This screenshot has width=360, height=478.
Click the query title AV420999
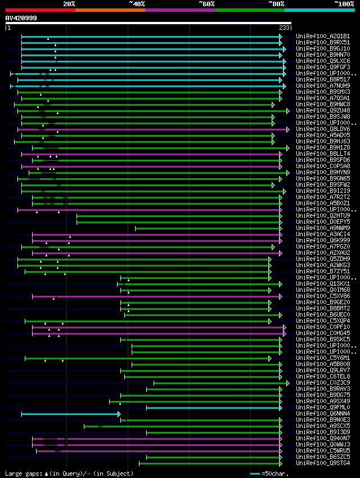click(21, 18)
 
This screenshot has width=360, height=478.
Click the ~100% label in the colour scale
click(344, 4)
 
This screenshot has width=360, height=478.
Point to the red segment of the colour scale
click(40, 10)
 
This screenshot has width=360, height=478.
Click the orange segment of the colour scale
click(110, 10)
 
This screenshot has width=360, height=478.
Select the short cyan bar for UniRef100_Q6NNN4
click(70, 414)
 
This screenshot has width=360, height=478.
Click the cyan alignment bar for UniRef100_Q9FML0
click(214, 408)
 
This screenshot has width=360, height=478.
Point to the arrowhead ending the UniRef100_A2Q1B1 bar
click(280, 37)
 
